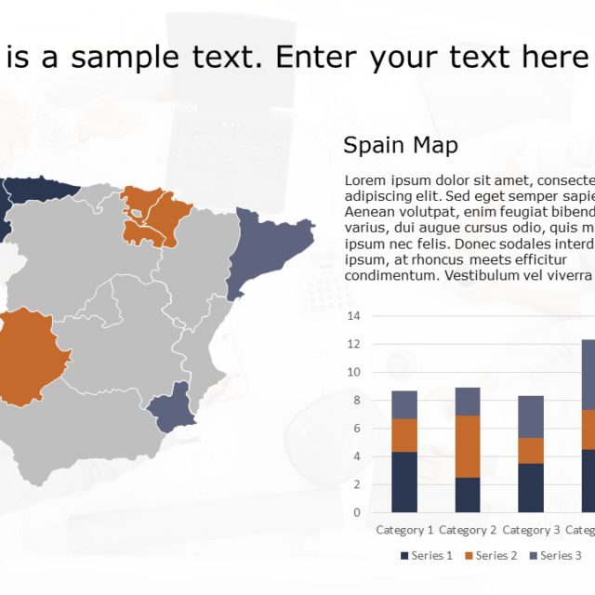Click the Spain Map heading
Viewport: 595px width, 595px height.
pyautogui.click(x=401, y=146)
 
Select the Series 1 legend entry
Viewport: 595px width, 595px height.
pyautogui.click(x=429, y=556)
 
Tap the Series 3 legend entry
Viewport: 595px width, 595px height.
pyautogui.click(x=555, y=556)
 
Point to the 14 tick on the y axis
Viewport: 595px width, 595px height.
pyautogui.click(x=354, y=316)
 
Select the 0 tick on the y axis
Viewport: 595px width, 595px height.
pyautogui.click(x=355, y=512)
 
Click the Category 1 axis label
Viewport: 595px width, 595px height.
pyautogui.click(x=404, y=531)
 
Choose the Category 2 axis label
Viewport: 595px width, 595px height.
pyautogui.click(x=468, y=531)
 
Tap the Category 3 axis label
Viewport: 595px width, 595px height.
pyautogui.click(x=532, y=531)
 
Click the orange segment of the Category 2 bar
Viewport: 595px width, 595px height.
pyautogui.click(x=468, y=446)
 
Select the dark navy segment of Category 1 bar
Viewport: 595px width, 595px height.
pyautogui.click(x=404, y=482)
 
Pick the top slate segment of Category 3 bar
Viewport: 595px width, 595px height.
pyautogui.click(x=532, y=416)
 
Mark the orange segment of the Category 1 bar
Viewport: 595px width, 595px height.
pyautogui.click(x=404, y=435)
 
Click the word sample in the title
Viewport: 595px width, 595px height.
pyautogui.click(x=125, y=58)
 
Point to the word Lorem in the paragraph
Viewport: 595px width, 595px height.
pyautogui.click(x=364, y=179)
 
